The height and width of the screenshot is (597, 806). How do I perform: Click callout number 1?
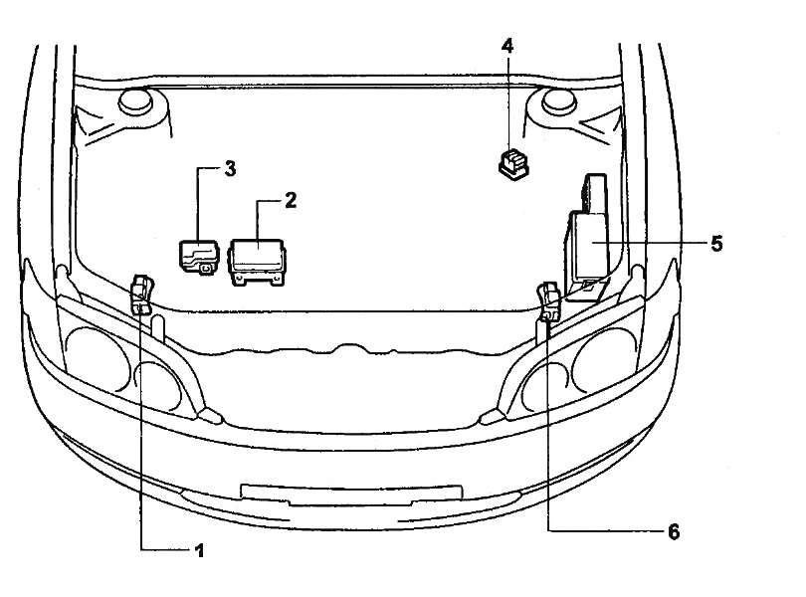click(199, 550)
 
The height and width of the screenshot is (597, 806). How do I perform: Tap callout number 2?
click(291, 201)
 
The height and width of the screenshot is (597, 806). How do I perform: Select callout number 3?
click(230, 169)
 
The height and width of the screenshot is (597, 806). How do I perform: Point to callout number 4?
click(507, 46)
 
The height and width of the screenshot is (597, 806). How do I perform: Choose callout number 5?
click(716, 244)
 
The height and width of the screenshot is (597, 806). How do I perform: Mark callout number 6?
click(674, 531)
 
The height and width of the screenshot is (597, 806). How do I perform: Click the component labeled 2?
click(258, 262)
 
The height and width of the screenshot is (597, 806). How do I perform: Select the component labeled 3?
click(198, 256)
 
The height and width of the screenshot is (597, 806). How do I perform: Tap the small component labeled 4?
click(513, 163)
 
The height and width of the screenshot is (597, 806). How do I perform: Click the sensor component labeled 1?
click(142, 294)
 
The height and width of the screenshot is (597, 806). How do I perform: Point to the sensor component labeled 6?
click(549, 301)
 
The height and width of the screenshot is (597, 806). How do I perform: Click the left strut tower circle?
click(135, 101)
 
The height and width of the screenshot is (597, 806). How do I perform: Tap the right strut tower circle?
click(559, 101)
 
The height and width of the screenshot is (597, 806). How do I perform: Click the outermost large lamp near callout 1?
click(99, 360)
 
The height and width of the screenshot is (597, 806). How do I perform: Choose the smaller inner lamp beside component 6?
click(544, 384)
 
